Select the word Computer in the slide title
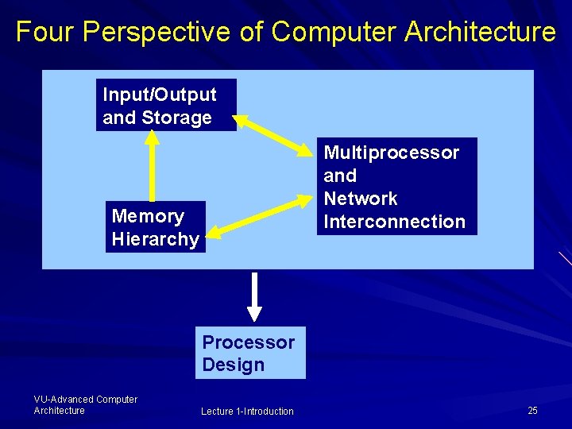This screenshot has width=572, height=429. point(334,32)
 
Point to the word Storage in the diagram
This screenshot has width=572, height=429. point(176,118)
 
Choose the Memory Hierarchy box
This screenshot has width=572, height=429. point(156,227)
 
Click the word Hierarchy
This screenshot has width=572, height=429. point(156,238)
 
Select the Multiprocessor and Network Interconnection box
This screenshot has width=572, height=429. point(394,187)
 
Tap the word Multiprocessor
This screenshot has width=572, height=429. point(391,152)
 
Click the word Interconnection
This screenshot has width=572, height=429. point(394,222)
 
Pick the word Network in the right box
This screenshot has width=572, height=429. point(360,199)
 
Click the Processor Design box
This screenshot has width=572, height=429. point(249,354)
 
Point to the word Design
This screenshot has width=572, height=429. point(233,365)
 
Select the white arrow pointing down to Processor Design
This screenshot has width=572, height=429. point(254,296)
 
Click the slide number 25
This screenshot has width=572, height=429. point(532,411)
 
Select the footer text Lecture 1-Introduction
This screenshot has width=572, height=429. point(247,411)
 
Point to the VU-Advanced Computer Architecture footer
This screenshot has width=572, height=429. point(85,404)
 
